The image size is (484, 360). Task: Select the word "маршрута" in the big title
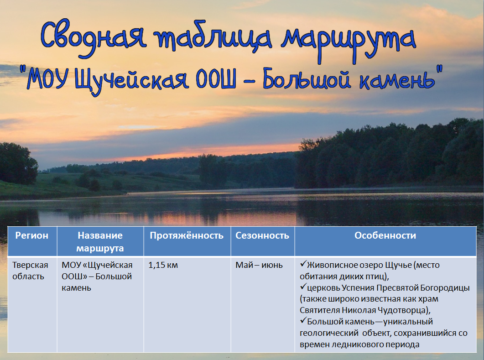349,42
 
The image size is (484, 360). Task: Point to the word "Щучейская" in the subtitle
131,79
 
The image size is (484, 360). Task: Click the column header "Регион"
32,235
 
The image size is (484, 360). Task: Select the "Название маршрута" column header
100,242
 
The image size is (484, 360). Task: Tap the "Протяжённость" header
187,235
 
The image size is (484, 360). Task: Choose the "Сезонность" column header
262,235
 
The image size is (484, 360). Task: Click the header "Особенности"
385,235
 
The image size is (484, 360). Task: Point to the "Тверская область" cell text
30,271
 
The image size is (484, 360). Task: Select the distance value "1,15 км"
163,265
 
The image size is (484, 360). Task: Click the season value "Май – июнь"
259,265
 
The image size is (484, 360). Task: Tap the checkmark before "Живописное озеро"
303,264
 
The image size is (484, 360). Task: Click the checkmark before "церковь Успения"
303,287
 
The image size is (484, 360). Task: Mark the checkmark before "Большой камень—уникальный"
303,321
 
